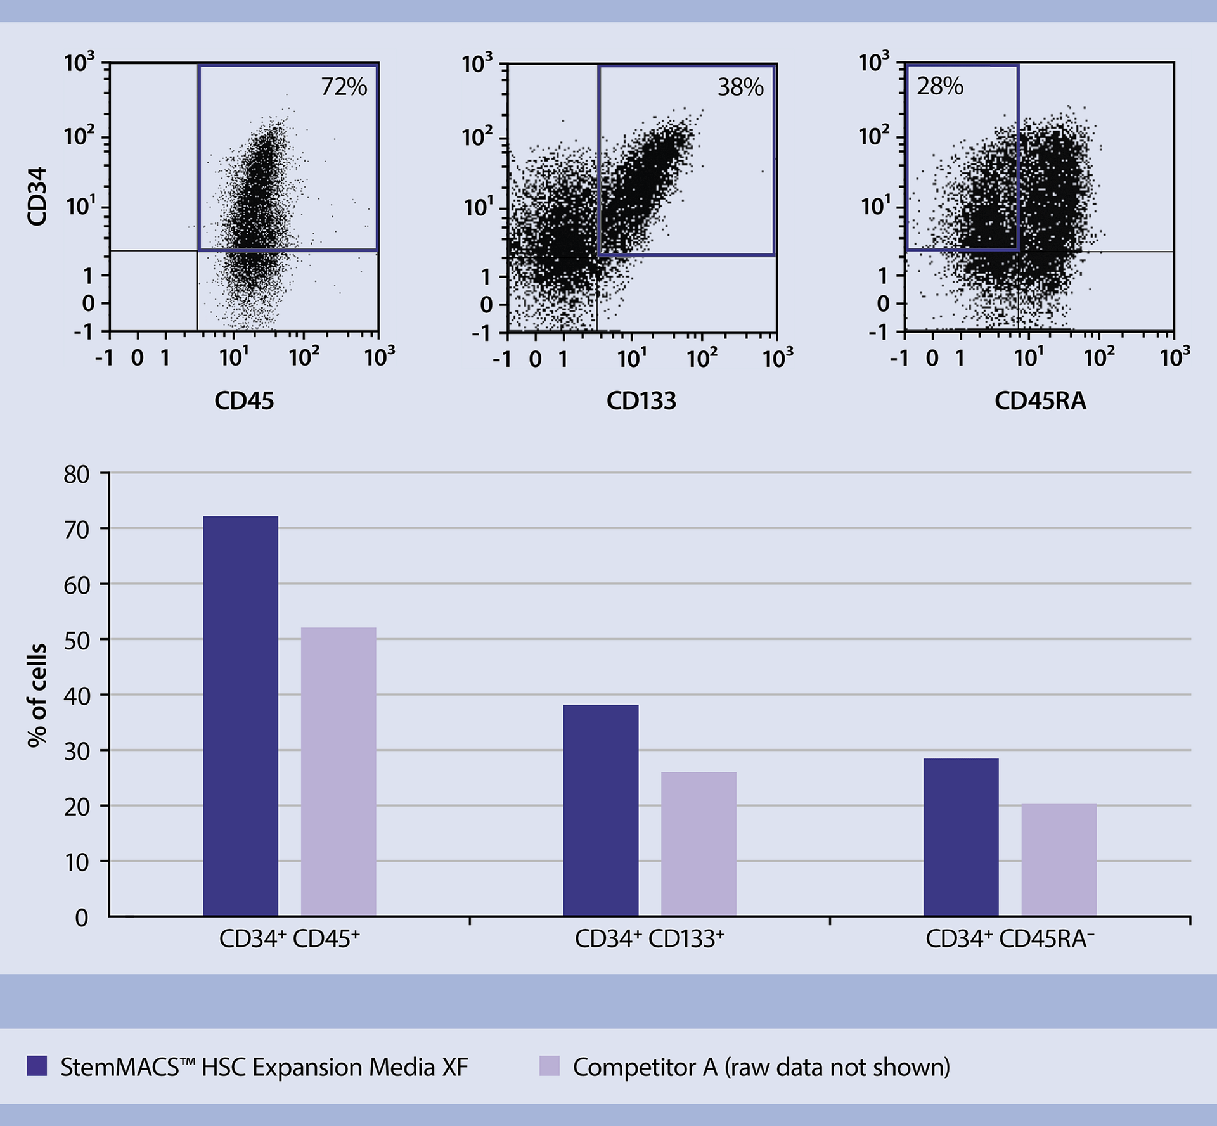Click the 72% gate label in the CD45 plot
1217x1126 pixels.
click(344, 87)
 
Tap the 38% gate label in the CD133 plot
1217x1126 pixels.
click(740, 87)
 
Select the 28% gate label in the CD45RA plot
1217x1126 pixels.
click(939, 86)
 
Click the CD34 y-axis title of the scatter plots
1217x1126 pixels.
click(37, 196)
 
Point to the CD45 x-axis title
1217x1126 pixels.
click(244, 400)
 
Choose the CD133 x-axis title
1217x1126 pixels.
click(641, 400)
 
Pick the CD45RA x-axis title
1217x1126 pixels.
click(1040, 400)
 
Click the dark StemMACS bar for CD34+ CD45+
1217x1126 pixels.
click(240, 716)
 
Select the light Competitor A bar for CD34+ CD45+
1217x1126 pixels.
click(338, 772)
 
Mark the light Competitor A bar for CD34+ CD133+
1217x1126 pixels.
click(699, 843)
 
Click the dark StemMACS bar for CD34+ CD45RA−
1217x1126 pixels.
click(960, 837)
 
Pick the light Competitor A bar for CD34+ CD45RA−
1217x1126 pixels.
click(1059, 860)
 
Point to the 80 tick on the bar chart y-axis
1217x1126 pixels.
click(77, 475)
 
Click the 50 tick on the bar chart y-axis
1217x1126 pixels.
click(77, 641)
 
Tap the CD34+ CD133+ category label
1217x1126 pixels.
click(649, 938)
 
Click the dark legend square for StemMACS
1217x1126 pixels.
click(37, 1066)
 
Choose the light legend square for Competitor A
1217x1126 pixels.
click(549, 1066)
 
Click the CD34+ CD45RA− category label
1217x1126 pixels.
click(1010, 938)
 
